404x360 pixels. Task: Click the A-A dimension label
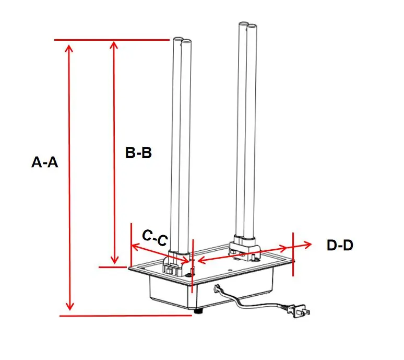(x=44, y=162)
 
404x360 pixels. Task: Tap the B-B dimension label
(x=138, y=153)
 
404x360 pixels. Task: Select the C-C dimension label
(x=155, y=238)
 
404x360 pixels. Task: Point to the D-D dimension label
(x=340, y=245)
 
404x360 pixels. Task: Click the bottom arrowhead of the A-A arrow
(x=69, y=306)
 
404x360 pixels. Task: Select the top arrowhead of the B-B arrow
(x=114, y=45)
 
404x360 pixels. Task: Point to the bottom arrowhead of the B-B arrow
(x=114, y=260)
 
